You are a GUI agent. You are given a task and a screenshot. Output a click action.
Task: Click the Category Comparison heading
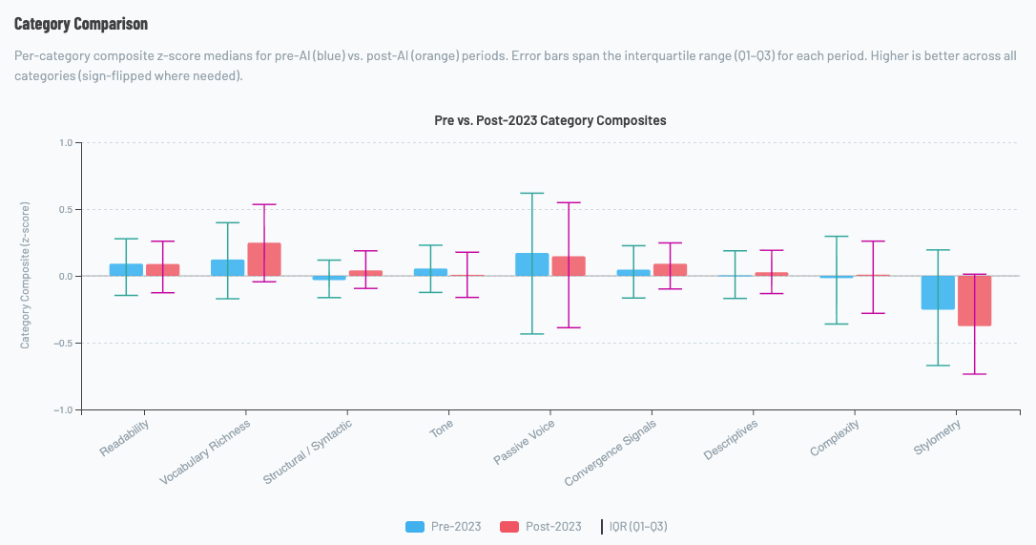[81, 23]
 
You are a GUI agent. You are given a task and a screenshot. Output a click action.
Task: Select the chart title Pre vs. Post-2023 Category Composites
[550, 120]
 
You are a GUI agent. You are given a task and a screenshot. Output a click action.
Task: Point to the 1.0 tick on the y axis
[66, 142]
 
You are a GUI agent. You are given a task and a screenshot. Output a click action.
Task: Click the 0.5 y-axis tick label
[66, 209]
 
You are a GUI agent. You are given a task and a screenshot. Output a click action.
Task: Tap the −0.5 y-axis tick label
[63, 343]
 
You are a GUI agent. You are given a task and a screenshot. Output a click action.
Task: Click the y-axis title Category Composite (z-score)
[26, 275]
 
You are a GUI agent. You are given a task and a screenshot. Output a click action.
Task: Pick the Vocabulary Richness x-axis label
[205, 450]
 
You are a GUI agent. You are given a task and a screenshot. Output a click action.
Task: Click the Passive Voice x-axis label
[524, 442]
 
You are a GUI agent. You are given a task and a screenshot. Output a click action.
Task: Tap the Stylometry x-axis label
[937, 436]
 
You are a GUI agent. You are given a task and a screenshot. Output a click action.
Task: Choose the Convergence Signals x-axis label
[610, 451]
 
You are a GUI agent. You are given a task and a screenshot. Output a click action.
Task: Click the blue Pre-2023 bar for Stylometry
[938, 292]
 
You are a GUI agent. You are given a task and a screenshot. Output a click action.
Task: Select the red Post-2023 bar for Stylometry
[974, 301]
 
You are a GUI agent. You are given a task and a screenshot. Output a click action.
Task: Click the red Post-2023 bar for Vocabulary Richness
[264, 260]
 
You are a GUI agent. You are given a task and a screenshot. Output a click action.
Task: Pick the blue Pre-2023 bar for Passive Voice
[532, 264]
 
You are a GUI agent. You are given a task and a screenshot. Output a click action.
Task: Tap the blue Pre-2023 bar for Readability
[126, 270]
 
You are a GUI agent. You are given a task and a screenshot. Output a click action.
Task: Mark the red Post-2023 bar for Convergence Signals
[670, 270]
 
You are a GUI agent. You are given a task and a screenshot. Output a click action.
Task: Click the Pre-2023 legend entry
[444, 527]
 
